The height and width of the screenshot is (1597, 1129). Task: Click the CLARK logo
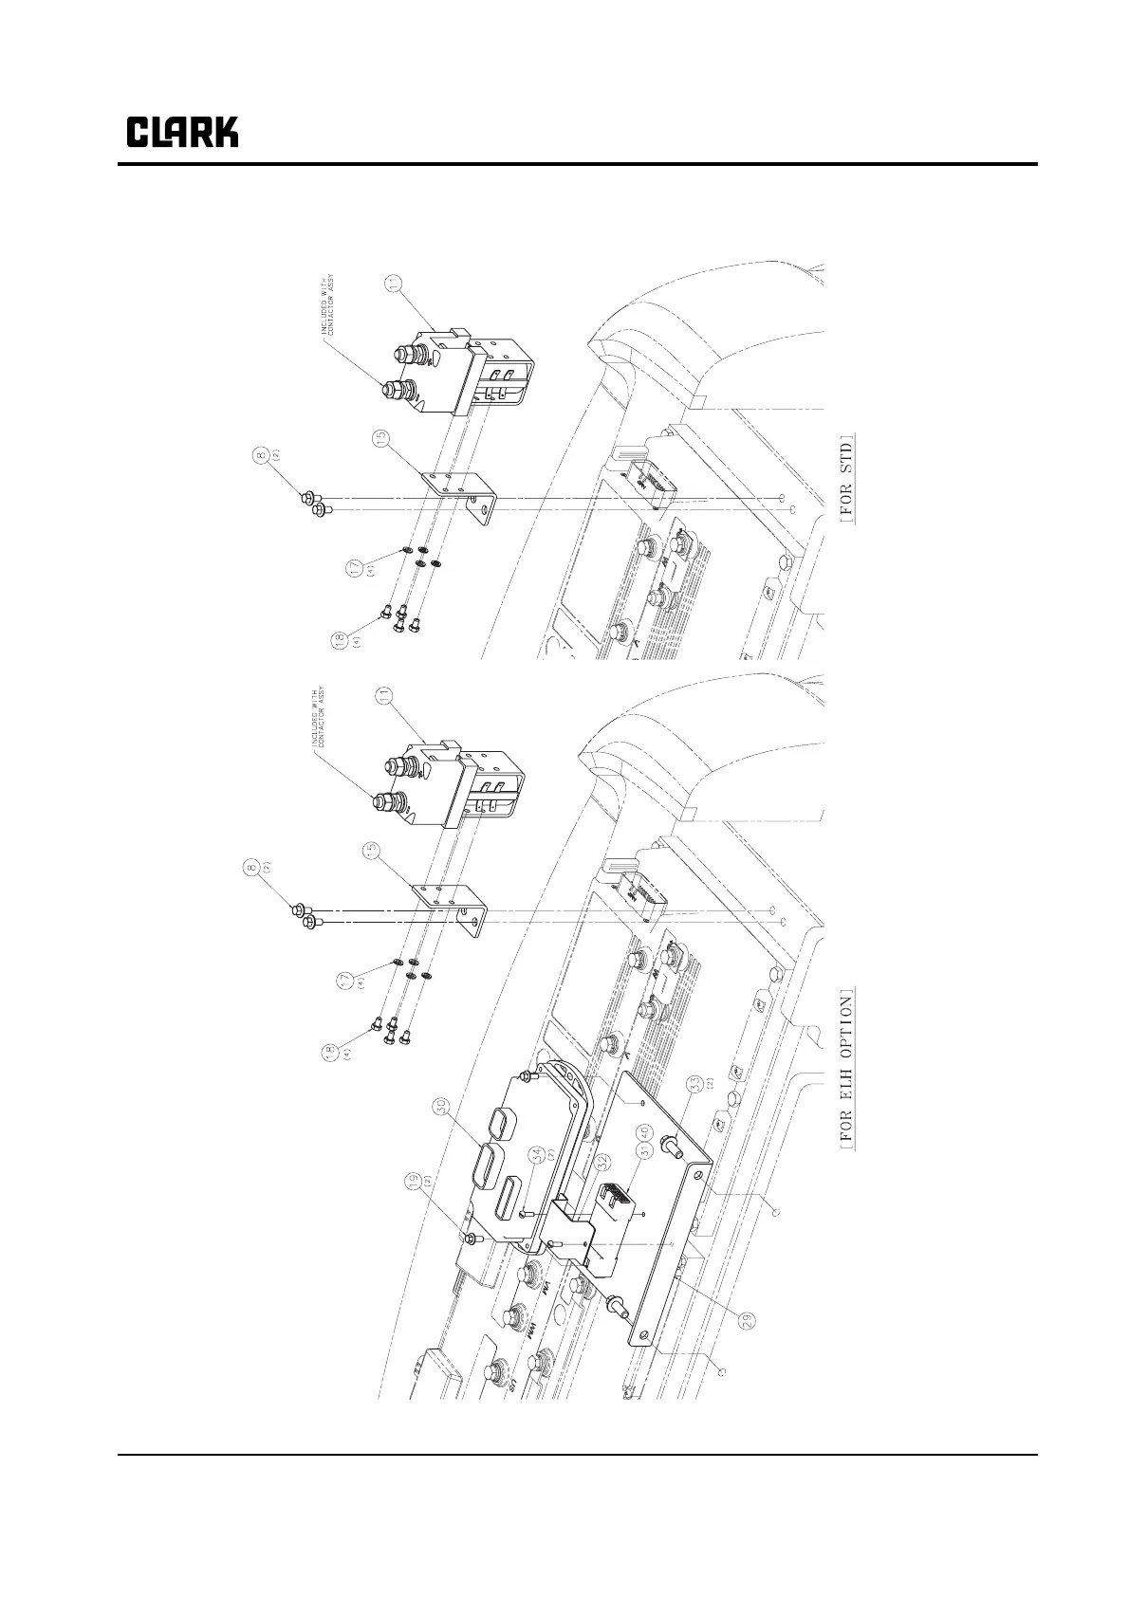coord(182,132)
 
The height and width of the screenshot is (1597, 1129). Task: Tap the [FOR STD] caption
coord(847,478)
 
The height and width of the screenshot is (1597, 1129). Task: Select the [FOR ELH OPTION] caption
coord(847,1069)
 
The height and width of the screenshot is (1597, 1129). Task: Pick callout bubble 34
coord(537,1155)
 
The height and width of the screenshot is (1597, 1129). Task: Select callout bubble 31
coord(643,1152)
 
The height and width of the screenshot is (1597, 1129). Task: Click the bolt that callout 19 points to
coord(471,1239)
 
